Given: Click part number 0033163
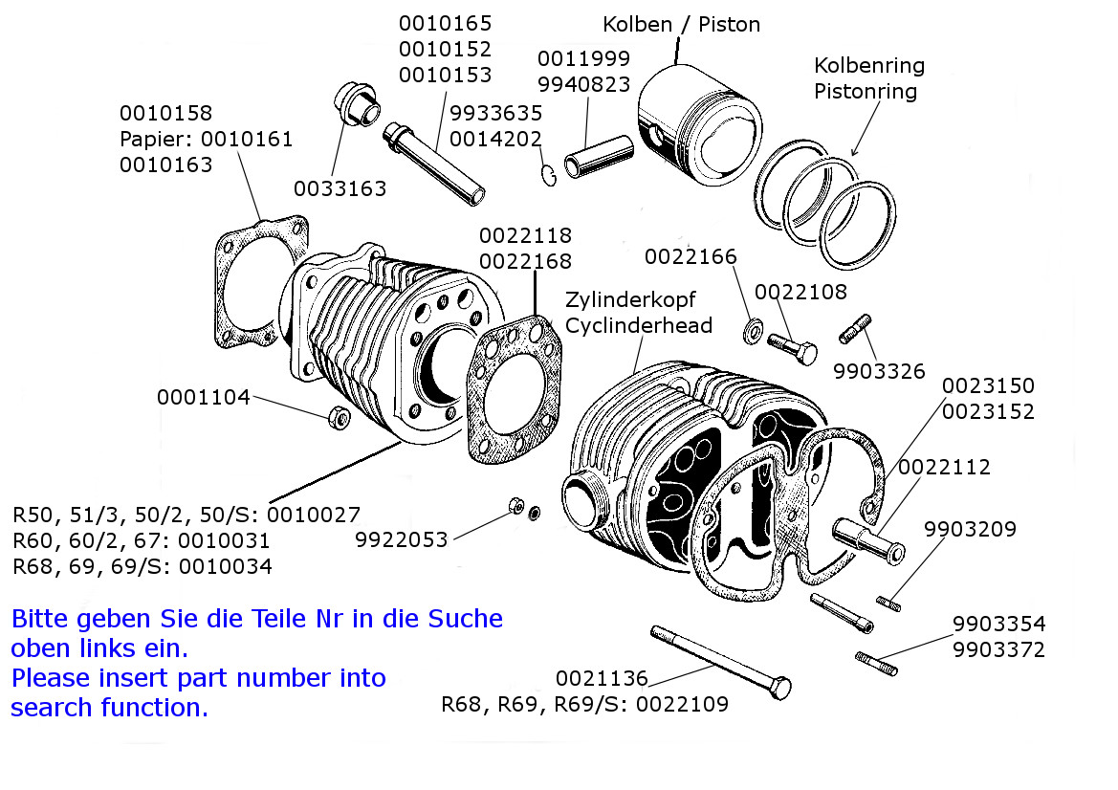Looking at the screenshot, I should pyautogui.click(x=340, y=188).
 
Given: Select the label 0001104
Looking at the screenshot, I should pyautogui.click(x=204, y=397).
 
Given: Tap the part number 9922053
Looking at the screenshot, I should pyautogui.click(x=402, y=539).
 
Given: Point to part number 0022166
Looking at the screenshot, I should pyautogui.click(x=691, y=256).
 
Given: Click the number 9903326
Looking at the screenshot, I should pyautogui.click(x=879, y=370).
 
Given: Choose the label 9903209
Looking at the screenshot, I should pyautogui.click(x=970, y=529).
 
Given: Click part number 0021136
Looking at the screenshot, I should pyautogui.click(x=602, y=678).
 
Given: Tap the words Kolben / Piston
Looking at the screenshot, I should pyautogui.click(x=681, y=24).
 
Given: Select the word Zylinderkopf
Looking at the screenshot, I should pyautogui.click(x=630, y=298).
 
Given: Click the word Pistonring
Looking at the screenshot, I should pyautogui.click(x=866, y=92).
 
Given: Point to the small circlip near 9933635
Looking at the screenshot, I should pyautogui.click(x=548, y=175).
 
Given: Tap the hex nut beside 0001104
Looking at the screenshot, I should pyautogui.click(x=337, y=417).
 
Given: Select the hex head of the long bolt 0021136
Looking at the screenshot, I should pyautogui.click(x=779, y=688).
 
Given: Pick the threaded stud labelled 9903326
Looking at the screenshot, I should pyautogui.click(x=854, y=329).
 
